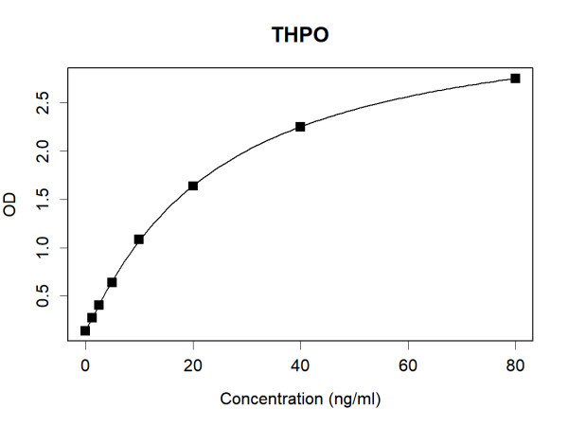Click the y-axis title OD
[11, 205]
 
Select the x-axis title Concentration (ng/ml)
[300, 399]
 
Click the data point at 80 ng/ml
[515, 78]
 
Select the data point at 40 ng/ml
[300, 126]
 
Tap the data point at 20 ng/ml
[193, 186]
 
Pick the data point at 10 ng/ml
[139, 240]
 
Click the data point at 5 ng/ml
[112, 282]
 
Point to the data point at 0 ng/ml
[85, 330]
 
